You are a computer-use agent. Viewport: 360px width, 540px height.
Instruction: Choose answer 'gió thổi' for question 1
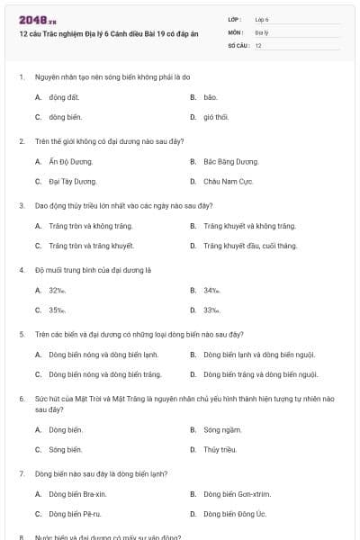pos(216,117)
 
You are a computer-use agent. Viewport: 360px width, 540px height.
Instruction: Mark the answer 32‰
pos(57,290)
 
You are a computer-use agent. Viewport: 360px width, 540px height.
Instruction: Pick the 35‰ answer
pos(57,310)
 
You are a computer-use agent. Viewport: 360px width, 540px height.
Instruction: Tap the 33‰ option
pos(211,310)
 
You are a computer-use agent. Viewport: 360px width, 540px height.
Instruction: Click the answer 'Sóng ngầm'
pos(222,429)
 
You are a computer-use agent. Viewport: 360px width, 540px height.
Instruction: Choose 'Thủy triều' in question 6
pos(220,448)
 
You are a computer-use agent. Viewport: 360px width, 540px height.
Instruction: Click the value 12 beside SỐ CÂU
pos(258,45)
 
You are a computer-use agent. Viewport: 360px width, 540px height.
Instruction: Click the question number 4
pos(21,270)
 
